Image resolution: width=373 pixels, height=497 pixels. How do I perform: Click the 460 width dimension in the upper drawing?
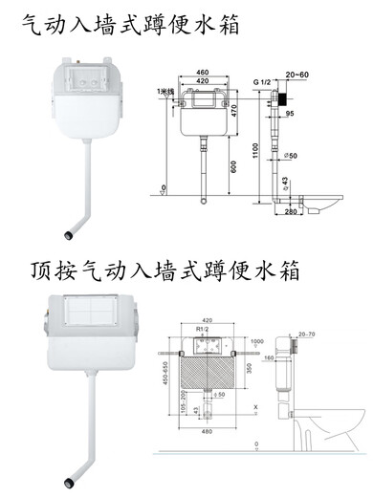click(201, 72)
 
